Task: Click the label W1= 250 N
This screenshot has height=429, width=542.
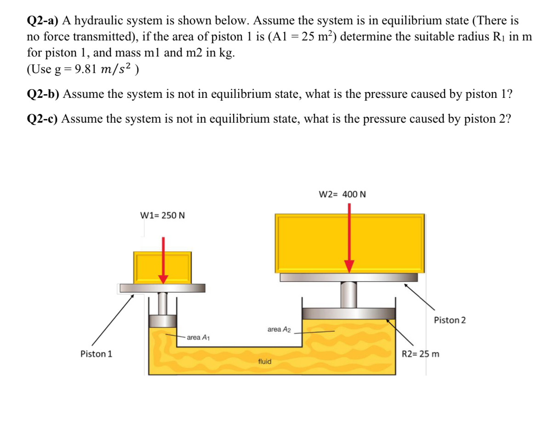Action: pos(162,215)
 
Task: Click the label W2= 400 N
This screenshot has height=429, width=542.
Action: pos(342,194)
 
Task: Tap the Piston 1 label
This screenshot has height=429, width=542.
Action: pos(96,354)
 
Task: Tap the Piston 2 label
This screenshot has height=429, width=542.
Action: pos(449,320)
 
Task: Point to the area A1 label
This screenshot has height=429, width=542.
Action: pos(198,338)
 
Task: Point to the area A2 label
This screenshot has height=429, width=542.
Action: pos(279,329)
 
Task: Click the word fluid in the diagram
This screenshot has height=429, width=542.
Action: pos(265,361)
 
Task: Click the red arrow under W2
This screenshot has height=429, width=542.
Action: pos(349,239)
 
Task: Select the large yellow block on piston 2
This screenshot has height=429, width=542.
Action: pos(313,243)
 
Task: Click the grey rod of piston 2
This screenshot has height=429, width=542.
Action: pos(348,294)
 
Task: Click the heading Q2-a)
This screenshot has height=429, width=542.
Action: pos(43,21)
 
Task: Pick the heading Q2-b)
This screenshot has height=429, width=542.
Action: pos(43,94)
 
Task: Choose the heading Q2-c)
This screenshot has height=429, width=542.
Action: pos(43,119)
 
